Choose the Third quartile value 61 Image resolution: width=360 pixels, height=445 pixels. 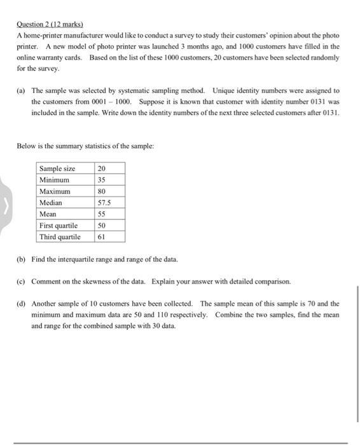[x=101, y=236]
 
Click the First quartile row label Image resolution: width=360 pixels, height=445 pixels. [x=59, y=225]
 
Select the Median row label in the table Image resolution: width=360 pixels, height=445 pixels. [x=53, y=202]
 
